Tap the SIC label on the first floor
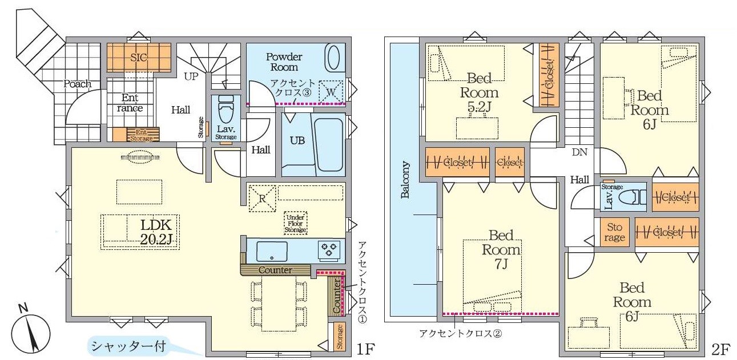139,58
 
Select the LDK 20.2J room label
152,232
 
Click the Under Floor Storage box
296,223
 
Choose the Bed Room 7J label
501,249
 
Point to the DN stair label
580,152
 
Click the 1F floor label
365,348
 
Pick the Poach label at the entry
77,84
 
